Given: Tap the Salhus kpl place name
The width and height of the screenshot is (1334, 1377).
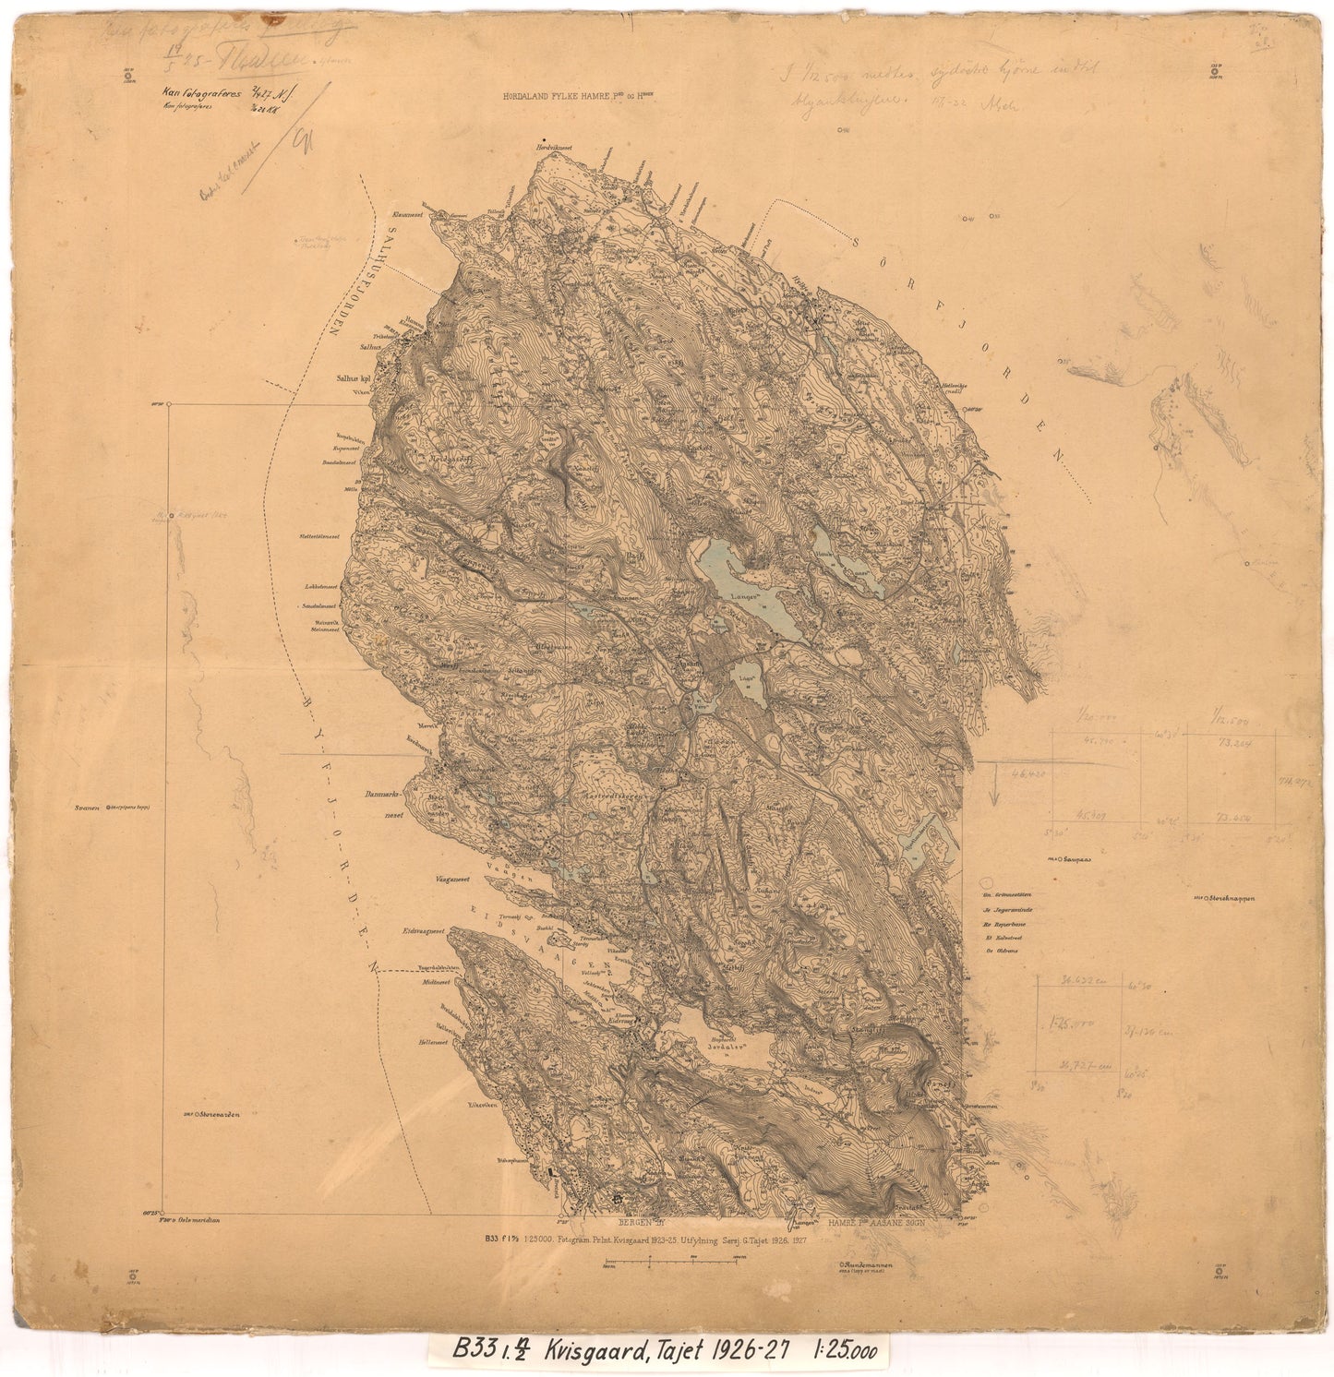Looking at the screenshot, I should point(351,377).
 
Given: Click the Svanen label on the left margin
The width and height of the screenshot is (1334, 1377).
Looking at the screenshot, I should point(90,807).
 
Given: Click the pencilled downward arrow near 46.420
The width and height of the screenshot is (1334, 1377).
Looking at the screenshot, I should point(995,790).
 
